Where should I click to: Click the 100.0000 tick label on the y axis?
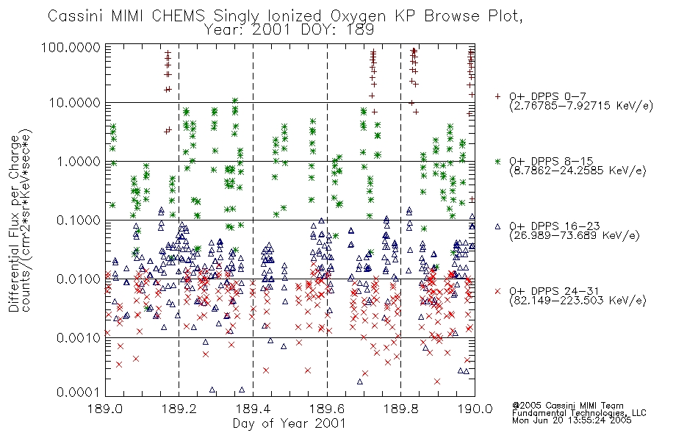pos(71,47)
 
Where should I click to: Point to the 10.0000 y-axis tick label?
pos(75,103)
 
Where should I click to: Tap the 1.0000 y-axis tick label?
pos(79,161)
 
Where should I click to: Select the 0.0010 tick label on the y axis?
pos(79,337)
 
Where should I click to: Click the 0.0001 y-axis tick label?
pos(79,392)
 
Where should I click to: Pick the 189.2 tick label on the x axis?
pos(179,409)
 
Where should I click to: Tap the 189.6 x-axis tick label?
pos(327,409)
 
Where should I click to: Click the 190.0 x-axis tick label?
pos(475,409)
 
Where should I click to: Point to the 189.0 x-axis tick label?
pos(106,409)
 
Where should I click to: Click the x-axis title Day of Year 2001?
pos(289,423)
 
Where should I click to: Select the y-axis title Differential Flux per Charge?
pos(14,223)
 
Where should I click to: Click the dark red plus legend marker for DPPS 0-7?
pos(497,96)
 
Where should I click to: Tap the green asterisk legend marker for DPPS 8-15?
pos(497,161)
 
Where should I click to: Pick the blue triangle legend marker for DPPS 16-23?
pos(497,226)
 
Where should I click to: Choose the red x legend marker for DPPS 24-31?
pos(497,291)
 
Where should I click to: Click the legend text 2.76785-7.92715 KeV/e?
pos(581,106)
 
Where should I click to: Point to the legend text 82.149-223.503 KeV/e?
pos(578,301)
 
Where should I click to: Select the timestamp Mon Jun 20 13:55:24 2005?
pos(572,420)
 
